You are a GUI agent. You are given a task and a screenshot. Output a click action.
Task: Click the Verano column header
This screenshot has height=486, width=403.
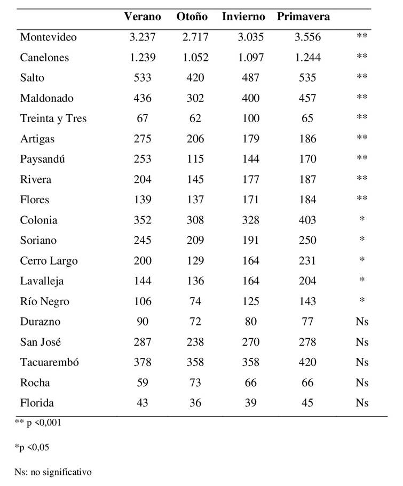pos(143,17)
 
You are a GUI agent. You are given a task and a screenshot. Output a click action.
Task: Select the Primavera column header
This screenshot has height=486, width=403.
pos(303,17)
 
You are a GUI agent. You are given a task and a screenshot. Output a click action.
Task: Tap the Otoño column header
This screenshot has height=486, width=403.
pos(192,17)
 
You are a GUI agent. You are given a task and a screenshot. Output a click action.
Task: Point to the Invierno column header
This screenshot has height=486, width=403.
pos(243,17)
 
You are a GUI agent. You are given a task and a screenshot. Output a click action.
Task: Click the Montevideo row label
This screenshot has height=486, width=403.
pos(49,37)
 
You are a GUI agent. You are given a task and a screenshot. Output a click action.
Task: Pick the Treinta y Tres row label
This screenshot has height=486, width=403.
pos(53,118)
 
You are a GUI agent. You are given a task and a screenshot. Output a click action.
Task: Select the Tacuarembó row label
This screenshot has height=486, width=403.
pos(50,362)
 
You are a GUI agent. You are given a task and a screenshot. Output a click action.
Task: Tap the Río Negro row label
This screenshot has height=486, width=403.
pos(45,301)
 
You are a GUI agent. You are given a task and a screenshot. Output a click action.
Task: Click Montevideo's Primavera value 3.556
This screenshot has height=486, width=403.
pos(308,37)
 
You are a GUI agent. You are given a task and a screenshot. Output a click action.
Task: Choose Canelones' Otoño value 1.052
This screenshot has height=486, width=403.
pos(195,58)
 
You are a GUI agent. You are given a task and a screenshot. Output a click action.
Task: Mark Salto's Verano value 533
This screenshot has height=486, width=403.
pos(143,78)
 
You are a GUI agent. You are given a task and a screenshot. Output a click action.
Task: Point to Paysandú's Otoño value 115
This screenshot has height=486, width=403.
pos(195,159)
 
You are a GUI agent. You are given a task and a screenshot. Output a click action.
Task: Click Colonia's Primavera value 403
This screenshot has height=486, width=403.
pos(308,220)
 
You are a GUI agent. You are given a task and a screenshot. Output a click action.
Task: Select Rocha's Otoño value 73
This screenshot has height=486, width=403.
pos(195,383)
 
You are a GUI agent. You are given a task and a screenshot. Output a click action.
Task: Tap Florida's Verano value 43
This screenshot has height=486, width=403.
pos(143,403)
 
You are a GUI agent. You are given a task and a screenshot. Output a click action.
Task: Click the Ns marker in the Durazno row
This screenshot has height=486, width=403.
pos(362,322)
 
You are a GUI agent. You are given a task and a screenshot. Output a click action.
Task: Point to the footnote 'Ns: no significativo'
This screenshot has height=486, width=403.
pos(53,472)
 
